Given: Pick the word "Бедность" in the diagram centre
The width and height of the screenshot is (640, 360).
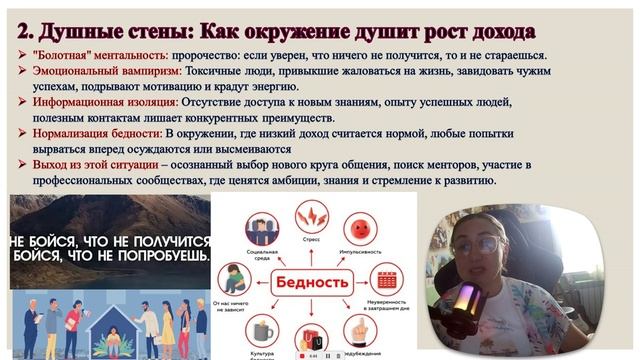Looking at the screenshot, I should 311,282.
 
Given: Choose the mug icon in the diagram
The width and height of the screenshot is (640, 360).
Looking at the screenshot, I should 260,331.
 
